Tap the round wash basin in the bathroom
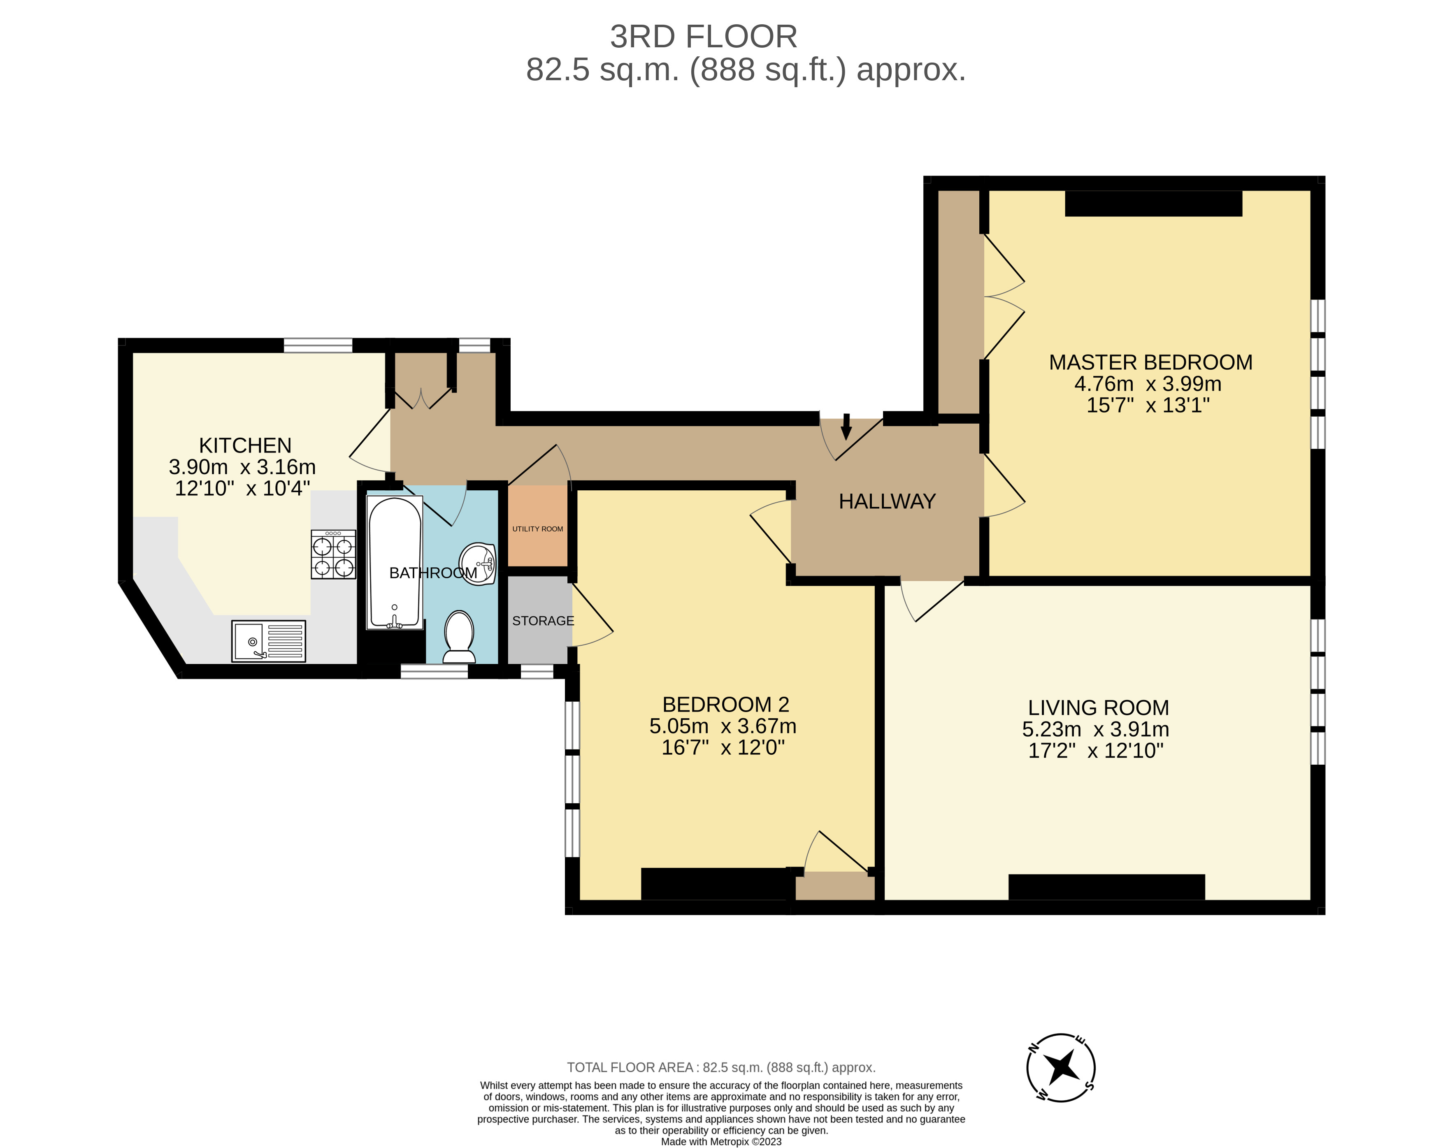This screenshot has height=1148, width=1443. coord(477,563)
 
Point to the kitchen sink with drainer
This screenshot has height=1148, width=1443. coord(268,641)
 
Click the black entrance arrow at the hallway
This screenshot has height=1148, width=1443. coord(846,426)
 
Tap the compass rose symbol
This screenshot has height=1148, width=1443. coord(1061,1067)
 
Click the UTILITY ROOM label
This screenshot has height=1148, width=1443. coord(537,529)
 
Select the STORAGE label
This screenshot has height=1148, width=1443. coord(543,621)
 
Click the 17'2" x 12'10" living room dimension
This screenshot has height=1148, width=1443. coord(1096,751)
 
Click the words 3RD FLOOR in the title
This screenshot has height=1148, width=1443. coord(704,37)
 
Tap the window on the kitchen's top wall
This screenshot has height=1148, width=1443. coord(318,345)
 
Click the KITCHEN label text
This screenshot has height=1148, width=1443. coord(245,445)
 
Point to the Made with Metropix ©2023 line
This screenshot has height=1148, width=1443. coord(721,1141)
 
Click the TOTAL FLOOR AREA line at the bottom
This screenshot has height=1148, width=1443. coord(721,1068)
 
